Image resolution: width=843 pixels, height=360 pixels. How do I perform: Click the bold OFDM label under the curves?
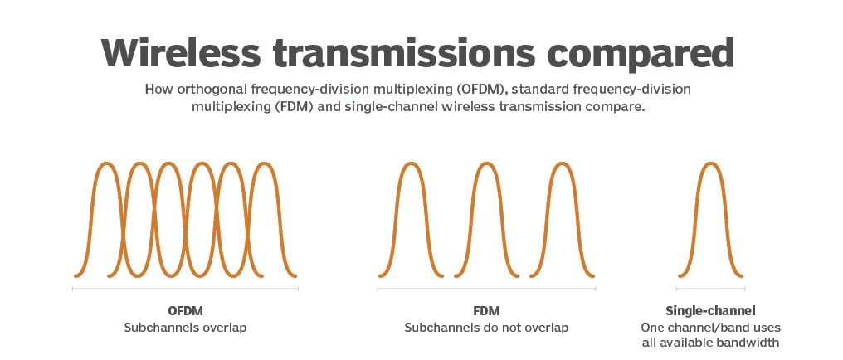[185, 311]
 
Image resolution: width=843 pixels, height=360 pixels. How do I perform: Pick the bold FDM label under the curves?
[486, 311]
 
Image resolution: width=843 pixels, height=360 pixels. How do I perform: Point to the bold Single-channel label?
[710, 311]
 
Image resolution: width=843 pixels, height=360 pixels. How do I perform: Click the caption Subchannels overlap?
[185, 328]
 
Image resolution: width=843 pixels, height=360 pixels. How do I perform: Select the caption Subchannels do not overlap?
[486, 328]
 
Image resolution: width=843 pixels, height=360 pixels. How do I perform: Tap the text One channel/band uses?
[710, 328]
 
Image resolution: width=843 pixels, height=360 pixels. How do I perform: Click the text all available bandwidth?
[710, 343]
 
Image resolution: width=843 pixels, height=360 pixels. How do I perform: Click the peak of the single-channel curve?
[709, 163]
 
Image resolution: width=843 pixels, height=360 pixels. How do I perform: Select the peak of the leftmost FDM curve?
[412, 163]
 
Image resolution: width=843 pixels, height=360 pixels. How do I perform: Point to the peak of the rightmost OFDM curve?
[264, 163]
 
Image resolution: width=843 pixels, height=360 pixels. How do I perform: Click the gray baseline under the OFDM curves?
[185, 289]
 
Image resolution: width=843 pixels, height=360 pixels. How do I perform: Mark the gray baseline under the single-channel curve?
[710, 289]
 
